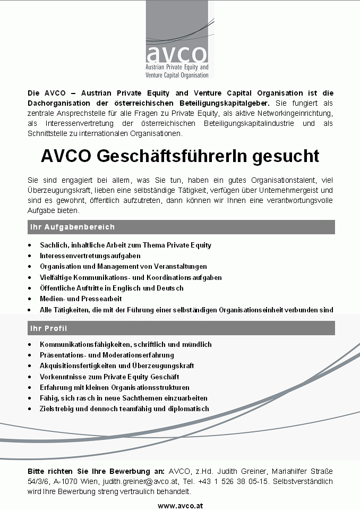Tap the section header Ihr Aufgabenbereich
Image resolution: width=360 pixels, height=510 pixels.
[72, 227]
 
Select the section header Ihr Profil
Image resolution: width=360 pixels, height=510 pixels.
[48, 328]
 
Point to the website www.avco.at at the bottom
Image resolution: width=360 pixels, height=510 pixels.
[180, 506]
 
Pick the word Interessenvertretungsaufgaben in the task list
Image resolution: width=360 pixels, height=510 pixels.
[83, 256]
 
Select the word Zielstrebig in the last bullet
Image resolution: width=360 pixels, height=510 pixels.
[56, 409]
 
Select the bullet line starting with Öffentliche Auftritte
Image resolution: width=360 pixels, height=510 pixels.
[112, 288]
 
